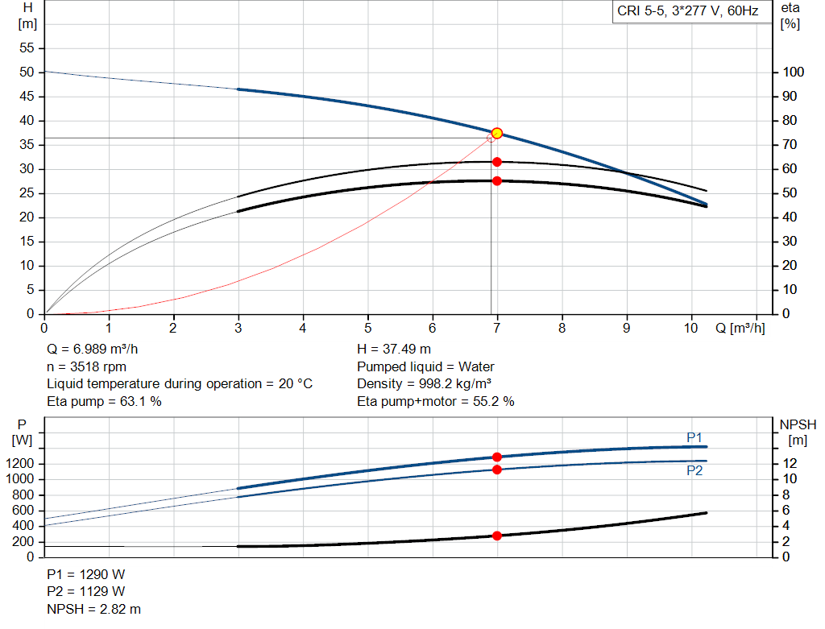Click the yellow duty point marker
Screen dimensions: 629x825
click(497, 133)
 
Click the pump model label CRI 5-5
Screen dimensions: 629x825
click(686, 11)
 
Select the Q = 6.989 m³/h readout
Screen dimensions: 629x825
click(97, 349)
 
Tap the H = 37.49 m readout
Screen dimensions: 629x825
click(394, 349)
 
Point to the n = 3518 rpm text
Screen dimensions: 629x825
click(88, 366)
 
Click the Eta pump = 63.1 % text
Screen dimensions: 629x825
click(104, 401)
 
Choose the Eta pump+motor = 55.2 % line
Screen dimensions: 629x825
click(436, 401)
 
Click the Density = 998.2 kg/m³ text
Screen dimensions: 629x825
click(425, 383)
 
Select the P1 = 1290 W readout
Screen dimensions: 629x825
click(86, 574)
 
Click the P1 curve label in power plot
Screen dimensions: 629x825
click(694, 437)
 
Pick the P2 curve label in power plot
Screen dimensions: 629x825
click(694, 470)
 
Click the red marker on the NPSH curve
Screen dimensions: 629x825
click(497, 536)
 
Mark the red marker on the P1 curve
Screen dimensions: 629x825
click(497, 457)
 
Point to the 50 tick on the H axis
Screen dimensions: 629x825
click(27, 72)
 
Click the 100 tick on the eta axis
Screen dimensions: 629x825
click(794, 72)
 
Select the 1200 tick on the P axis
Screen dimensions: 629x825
click(23, 464)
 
